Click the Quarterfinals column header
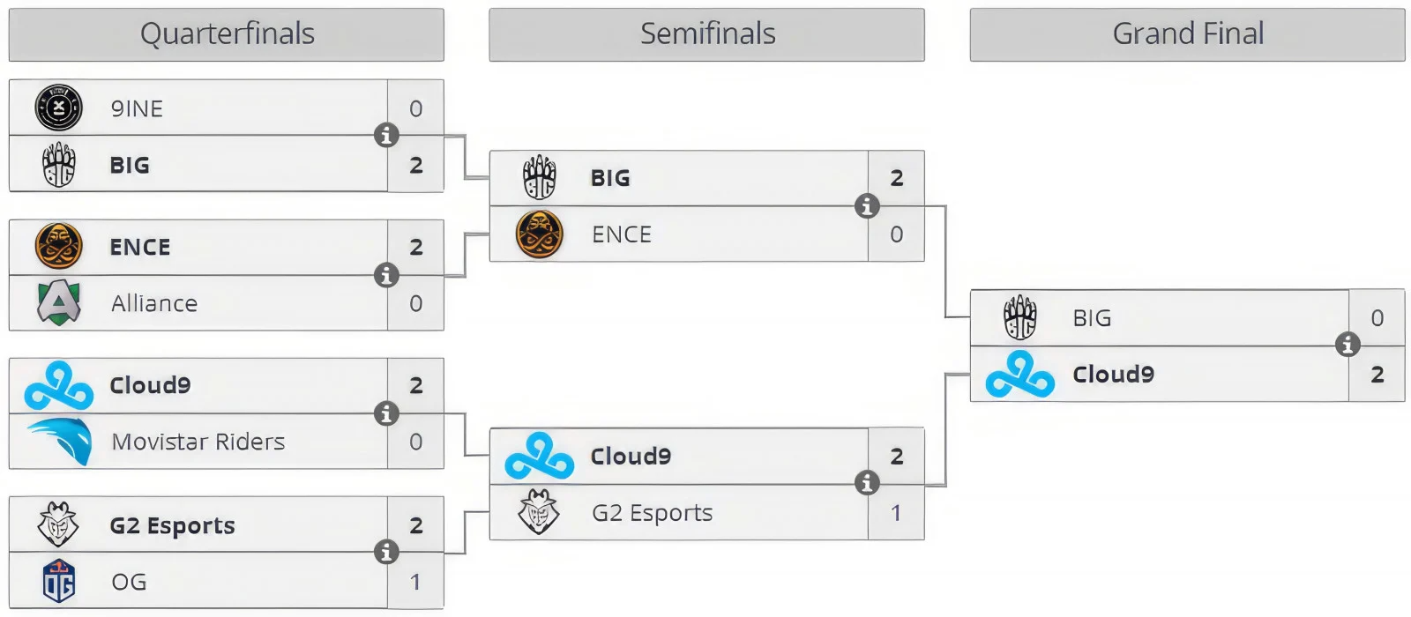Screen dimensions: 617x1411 coord(227,34)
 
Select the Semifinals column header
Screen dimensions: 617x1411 coord(707,34)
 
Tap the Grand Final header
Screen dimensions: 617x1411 coord(1187,34)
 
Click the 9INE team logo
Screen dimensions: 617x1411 coord(58,108)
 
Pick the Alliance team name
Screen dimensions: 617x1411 coord(154,303)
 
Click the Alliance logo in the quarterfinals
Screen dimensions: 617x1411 coord(59,303)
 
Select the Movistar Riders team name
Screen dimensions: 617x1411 coord(198,442)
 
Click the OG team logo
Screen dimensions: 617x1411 coord(59,581)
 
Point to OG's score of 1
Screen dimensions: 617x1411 coord(415,582)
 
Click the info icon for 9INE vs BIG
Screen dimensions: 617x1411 coord(386,136)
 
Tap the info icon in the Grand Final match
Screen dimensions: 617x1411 coord(1348,345)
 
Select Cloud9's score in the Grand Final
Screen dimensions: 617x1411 coord(1377,375)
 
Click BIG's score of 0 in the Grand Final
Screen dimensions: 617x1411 coord(1377,318)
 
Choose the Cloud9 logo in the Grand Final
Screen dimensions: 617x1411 coord(1019,375)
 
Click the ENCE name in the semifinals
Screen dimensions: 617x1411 coord(622,234)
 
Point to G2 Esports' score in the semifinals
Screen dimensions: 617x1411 coord(896,513)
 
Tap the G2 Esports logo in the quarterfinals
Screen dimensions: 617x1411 coord(58,525)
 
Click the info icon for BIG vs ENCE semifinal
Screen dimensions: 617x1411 coord(867,206)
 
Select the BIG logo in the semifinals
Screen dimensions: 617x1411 coord(540,178)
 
